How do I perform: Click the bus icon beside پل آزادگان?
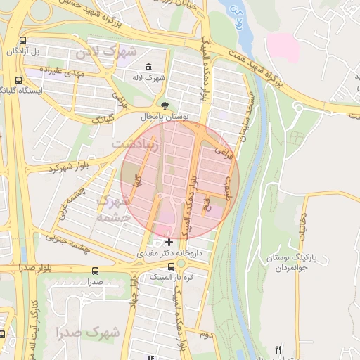pyautogui.click(x=24, y=41)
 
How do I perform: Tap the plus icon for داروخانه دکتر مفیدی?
pyautogui.click(x=169, y=242)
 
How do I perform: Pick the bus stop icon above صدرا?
pyautogui.click(x=95, y=270)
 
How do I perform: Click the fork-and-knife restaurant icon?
pyautogui.click(x=278, y=349)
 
